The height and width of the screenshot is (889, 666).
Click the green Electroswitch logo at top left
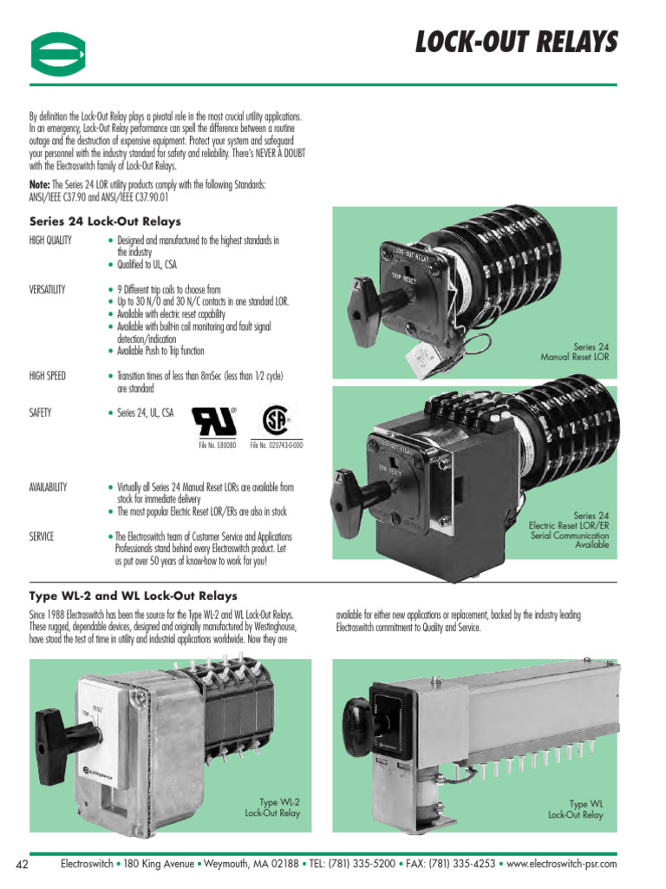coord(58,55)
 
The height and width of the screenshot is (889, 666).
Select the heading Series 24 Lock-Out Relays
coord(105,221)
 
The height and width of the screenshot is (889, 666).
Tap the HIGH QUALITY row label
coord(50,240)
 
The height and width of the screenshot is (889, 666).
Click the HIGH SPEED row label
coord(47,376)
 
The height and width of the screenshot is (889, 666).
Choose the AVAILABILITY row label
coord(49,487)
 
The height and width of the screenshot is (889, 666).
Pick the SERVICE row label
coord(42,537)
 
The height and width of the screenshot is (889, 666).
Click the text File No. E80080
coord(218,445)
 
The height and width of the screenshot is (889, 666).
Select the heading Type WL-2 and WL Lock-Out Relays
coord(133,596)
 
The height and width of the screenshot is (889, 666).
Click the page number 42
coord(23,864)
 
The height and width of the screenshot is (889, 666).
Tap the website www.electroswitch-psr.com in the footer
coord(561,864)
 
